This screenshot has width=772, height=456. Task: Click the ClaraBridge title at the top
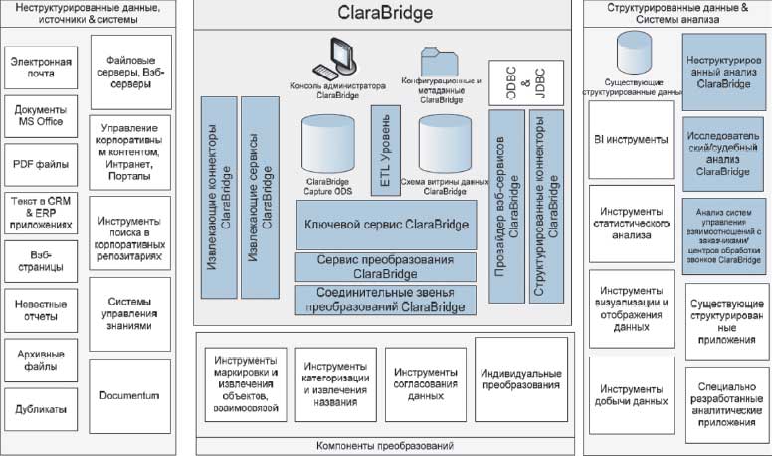(x=385, y=14)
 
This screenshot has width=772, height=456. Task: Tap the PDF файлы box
(x=43, y=164)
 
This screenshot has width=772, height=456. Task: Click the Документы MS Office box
(x=43, y=115)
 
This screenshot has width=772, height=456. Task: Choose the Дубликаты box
(x=43, y=407)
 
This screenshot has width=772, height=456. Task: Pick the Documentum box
(x=129, y=396)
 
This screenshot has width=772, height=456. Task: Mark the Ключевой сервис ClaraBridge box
(x=384, y=226)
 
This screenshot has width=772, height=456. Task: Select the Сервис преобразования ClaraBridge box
(x=384, y=266)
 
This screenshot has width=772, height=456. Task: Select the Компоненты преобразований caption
(x=384, y=444)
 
